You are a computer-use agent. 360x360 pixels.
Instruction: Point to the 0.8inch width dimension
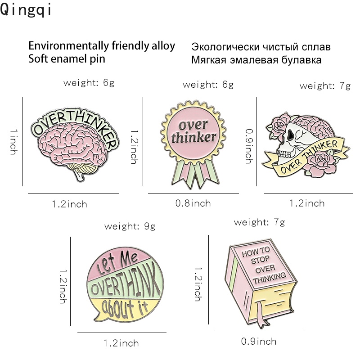point(193,203)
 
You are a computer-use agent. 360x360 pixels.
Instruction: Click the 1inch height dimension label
point(14,142)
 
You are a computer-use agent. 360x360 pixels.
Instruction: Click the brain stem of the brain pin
point(80,176)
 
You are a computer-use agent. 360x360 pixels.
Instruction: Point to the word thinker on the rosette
point(194,138)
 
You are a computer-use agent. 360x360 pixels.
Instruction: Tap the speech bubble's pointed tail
point(98,317)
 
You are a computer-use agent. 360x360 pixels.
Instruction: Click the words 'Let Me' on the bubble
point(117,262)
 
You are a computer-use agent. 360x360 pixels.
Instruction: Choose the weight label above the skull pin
point(325,86)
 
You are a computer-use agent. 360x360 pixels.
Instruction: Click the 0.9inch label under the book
point(259,342)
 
